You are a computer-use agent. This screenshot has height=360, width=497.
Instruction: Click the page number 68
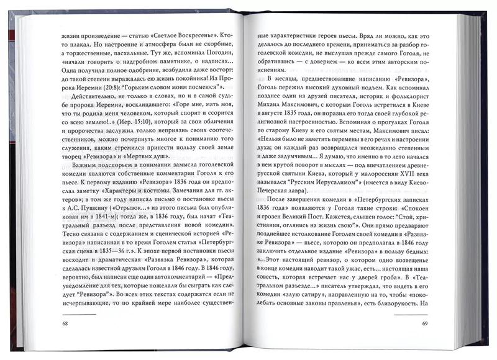[65, 324]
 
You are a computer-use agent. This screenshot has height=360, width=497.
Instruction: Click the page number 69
[426, 324]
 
